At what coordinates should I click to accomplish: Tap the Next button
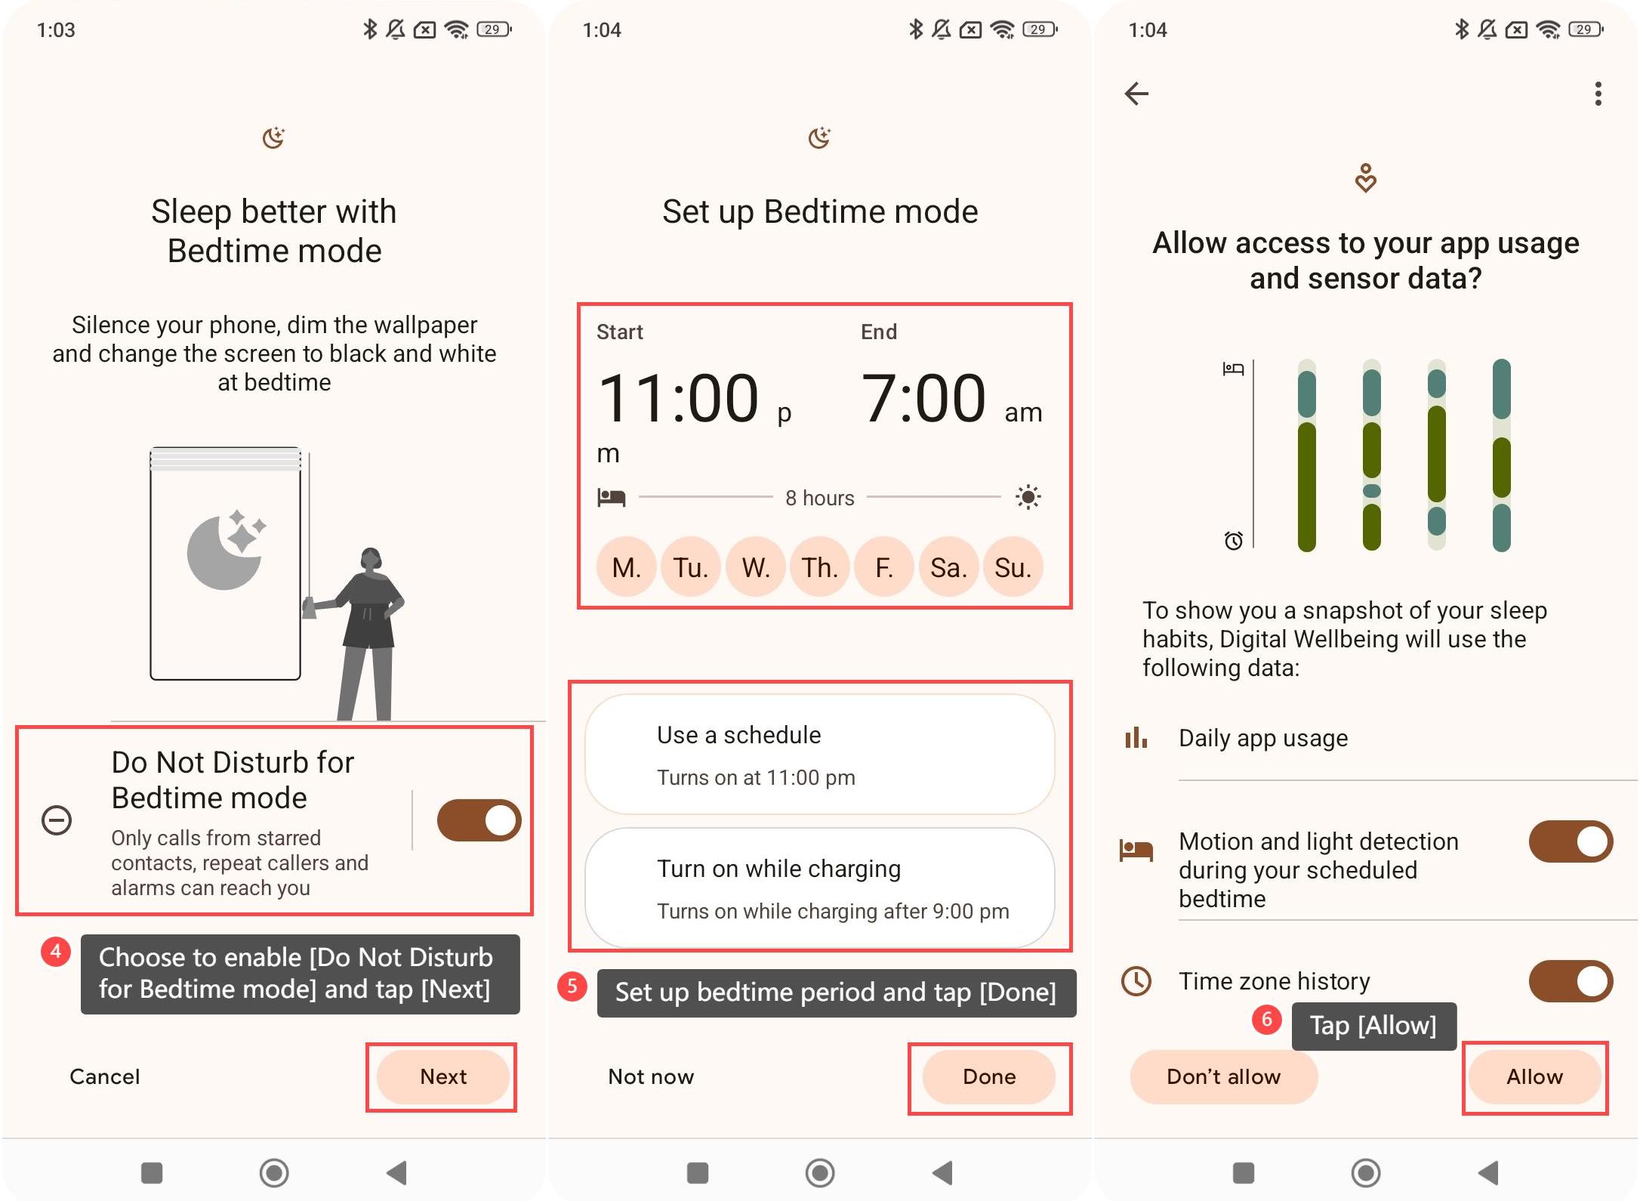coord(442,1076)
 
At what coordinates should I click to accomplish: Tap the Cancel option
coord(105,1076)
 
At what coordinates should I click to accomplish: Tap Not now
coord(651,1076)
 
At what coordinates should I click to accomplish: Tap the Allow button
coord(1534,1076)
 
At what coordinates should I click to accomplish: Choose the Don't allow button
coord(1223,1076)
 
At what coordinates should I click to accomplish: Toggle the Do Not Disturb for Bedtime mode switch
coord(479,820)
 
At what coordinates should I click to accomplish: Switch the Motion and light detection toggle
coord(1571,841)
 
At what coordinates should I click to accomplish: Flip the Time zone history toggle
coord(1571,981)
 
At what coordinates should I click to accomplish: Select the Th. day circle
coord(820,567)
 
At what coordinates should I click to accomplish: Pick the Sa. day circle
coord(948,567)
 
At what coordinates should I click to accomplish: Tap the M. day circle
coord(626,567)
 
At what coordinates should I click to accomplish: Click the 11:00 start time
coord(677,398)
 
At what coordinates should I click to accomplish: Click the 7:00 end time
coord(923,398)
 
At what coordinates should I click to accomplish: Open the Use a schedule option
coord(819,755)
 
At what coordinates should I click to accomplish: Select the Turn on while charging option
coord(819,888)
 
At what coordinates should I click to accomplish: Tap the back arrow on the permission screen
coord(1136,94)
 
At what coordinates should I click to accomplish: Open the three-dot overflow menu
coord(1598,94)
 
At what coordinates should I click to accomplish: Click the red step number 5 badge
coord(572,986)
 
